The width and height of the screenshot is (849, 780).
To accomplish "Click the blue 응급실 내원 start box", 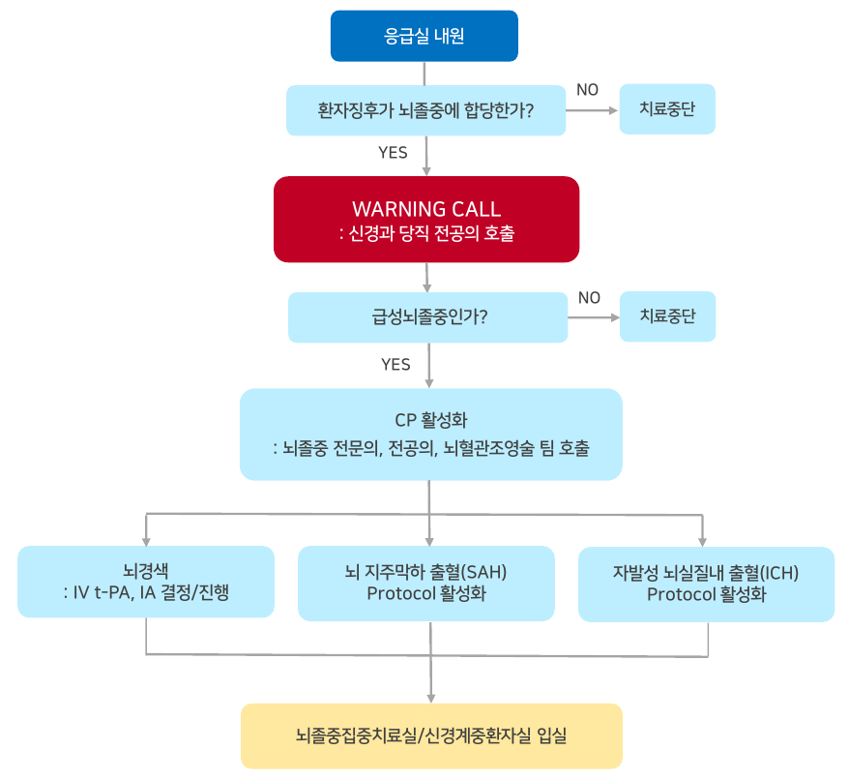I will point(424,36).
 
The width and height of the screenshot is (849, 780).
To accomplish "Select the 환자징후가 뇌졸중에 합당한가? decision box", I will point(426,110).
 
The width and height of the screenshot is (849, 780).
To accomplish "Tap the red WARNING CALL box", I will point(426,219).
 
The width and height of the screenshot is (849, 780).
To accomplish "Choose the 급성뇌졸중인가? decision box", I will point(427,316).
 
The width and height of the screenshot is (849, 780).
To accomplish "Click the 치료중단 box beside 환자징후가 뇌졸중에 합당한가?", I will point(667,109).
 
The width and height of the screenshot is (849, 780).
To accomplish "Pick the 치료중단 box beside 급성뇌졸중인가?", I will point(667,315).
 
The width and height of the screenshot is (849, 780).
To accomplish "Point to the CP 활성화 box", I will point(430,435).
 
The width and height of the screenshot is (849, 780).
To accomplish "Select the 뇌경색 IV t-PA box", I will point(146,581).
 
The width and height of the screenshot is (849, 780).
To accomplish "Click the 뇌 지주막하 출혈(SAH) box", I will point(426,583).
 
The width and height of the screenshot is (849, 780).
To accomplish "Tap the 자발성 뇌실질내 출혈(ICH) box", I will point(706,583).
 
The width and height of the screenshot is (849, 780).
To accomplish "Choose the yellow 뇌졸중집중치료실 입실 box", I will point(431,736).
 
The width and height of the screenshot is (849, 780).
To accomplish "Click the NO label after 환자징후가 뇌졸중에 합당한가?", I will point(587,90).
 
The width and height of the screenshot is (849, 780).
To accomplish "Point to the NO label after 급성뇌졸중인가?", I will point(589,297).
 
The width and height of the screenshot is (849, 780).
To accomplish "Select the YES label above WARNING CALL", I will point(393,152).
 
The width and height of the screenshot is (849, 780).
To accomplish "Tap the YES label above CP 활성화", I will point(395,365).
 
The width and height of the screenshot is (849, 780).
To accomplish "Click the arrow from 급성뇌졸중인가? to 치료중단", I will point(593,316).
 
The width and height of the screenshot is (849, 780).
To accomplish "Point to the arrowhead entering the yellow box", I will point(430,697).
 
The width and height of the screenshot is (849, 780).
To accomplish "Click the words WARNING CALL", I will point(426,209).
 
